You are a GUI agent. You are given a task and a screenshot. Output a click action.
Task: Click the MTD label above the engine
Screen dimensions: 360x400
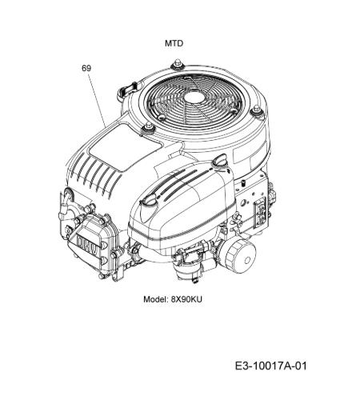point(174,43)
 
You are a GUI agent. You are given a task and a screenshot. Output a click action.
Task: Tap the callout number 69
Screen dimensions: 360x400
point(86,68)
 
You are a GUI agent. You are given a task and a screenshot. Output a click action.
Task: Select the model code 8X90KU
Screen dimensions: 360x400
point(186,299)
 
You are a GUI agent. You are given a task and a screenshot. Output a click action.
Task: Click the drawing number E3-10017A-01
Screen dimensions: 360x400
point(271,366)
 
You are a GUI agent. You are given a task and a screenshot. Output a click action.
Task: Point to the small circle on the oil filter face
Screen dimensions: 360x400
point(247,261)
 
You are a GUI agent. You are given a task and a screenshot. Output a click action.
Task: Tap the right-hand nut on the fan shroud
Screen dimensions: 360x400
point(257,110)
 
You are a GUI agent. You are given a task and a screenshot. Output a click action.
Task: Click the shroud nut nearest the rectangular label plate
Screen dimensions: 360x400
point(148,128)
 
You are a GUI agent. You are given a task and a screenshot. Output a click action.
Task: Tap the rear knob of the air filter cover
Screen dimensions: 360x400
point(219,162)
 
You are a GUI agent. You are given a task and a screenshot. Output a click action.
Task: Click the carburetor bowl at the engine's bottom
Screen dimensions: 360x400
point(183,271)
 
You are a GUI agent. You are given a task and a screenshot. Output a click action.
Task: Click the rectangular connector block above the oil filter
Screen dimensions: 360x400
point(260,212)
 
